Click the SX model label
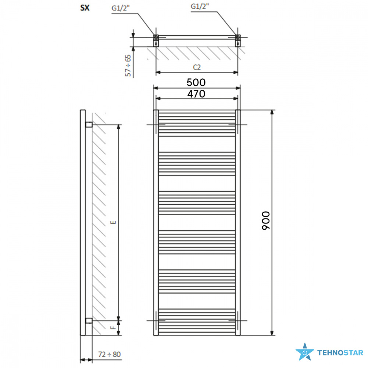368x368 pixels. (85, 8)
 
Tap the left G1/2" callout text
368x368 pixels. (120, 8)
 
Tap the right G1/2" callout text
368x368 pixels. (200, 6)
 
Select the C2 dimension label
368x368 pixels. (197, 67)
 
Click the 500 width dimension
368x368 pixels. (196, 82)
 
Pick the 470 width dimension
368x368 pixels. (196, 94)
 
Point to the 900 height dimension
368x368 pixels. (266, 220)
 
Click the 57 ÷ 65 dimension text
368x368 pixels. (128, 66)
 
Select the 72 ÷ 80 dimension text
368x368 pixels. (109, 354)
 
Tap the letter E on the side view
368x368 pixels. (113, 222)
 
